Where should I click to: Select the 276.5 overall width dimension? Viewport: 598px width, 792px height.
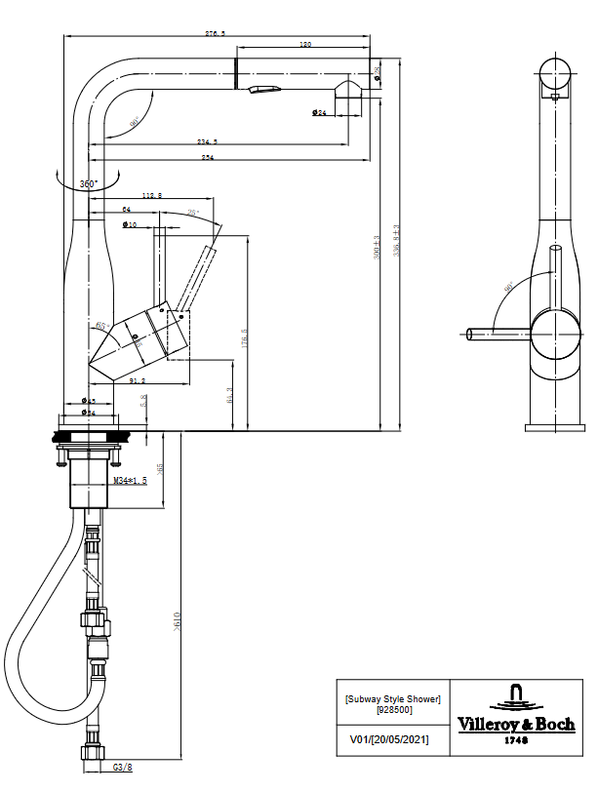click(216, 33)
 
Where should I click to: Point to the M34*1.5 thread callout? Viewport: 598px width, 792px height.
click(130, 481)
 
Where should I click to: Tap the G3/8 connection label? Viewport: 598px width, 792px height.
click(122, 768)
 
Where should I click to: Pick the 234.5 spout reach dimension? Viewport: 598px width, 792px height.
click(207, 142)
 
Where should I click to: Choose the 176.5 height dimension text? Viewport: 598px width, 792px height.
click(245, 337)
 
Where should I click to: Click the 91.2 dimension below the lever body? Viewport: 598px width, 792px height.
click(137, 380)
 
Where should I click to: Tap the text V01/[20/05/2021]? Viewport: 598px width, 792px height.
click(388, 739)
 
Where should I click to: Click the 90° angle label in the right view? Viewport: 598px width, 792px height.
click(508, 289)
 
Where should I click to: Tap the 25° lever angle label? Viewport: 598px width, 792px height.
click(193, 213)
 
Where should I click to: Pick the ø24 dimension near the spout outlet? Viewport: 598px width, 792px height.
click(319, 113)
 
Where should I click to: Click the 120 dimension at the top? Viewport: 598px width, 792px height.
click(305, 45)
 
